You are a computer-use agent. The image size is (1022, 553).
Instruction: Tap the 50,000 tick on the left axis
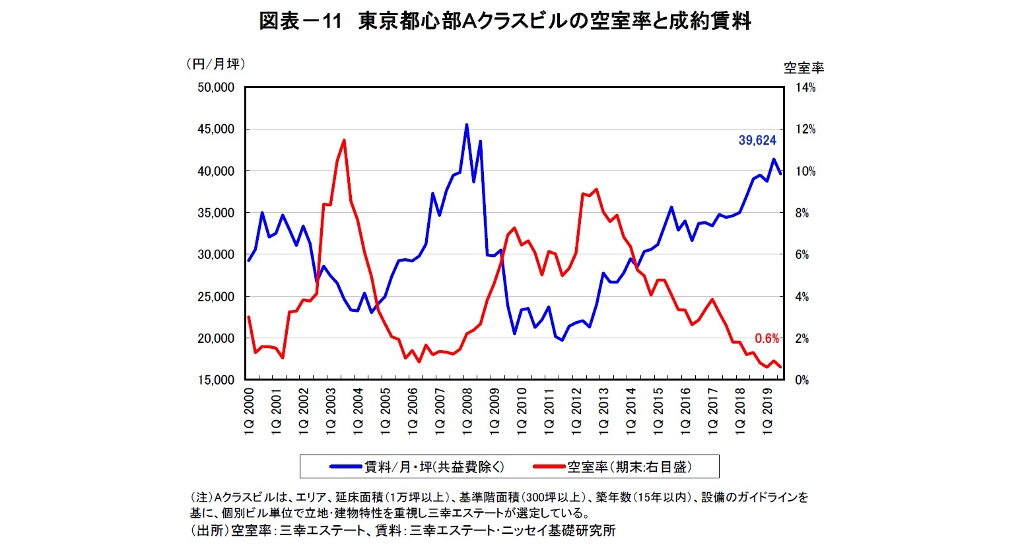pyautogui.click(x=216, y=88)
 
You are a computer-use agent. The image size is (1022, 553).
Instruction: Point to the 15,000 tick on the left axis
pyautogui.click(x=216, y=381)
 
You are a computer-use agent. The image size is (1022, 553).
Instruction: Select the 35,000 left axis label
pyautogui.click(x=216, y=213)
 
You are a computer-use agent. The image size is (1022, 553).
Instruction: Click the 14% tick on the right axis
pyautogui.click(x=805, y=88)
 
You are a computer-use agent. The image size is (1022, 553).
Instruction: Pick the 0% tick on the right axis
pyautogui.click(x=801, y=381)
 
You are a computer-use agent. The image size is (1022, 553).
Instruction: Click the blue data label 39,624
pyautogui.click(x=757, y=140)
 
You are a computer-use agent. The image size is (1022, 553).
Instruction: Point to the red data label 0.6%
pyautogui.click(x=766, y=338)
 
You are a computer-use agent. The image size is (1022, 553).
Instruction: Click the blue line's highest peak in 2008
pyautogui.click(x=467, y=125)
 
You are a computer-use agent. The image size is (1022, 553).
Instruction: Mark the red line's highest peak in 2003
pyautogui.click(x=344, y=140)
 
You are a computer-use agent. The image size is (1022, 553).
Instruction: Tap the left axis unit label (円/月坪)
pyautogui.click(x=215, y=64)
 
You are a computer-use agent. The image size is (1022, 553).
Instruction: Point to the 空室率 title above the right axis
pyautogui.click(x=803, y=67)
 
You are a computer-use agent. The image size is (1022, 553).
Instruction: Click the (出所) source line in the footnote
pyautogui.click(x=403, y=530)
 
